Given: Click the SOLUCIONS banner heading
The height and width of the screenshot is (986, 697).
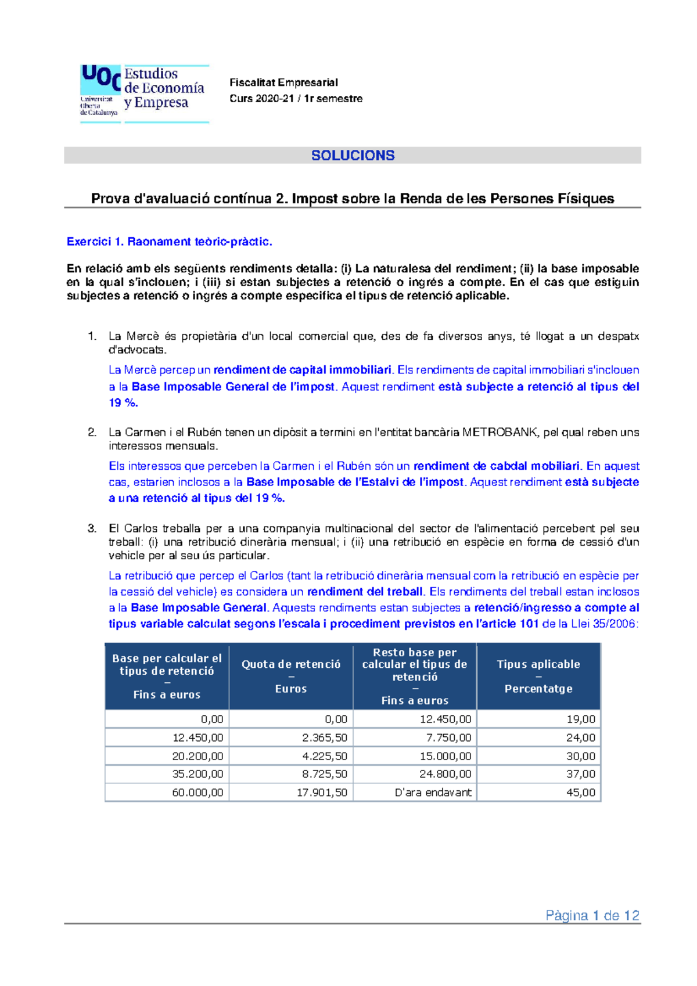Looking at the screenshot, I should (x=353, y=156).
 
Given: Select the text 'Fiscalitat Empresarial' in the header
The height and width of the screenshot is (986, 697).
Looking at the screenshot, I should (x=283, y=82).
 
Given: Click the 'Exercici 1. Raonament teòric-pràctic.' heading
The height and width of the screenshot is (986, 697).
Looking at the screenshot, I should (x=169, y=242).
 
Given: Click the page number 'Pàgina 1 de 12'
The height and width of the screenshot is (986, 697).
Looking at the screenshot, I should (x=592, y=916).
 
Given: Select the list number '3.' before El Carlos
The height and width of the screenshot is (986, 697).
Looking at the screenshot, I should (x=92, y=528).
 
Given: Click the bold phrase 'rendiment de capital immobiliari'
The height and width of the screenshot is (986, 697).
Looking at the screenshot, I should (x=302, y=370).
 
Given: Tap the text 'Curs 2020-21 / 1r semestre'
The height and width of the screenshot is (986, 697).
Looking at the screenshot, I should (x=296, y=99).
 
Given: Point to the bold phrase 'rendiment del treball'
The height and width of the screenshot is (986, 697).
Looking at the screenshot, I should (x=365, y=592).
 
